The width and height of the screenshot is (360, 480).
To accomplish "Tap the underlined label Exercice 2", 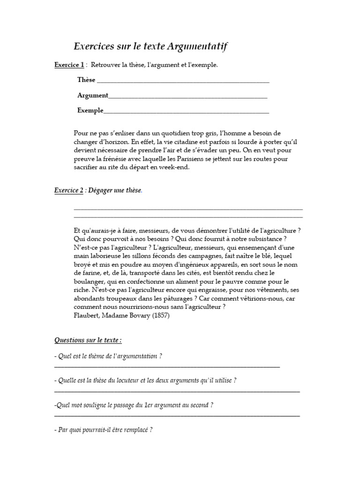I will coord(69,190).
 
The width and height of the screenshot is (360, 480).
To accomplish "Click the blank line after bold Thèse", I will coord(183,80).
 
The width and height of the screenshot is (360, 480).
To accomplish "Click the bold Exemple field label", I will coord(90,110).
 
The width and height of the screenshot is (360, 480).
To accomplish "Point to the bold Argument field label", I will coord(92,95).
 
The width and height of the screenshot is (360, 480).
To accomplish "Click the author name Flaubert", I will coord(87,315).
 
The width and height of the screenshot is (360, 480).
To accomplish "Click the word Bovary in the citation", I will coord(136,315).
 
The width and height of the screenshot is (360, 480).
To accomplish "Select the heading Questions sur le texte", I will coord(88,339).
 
